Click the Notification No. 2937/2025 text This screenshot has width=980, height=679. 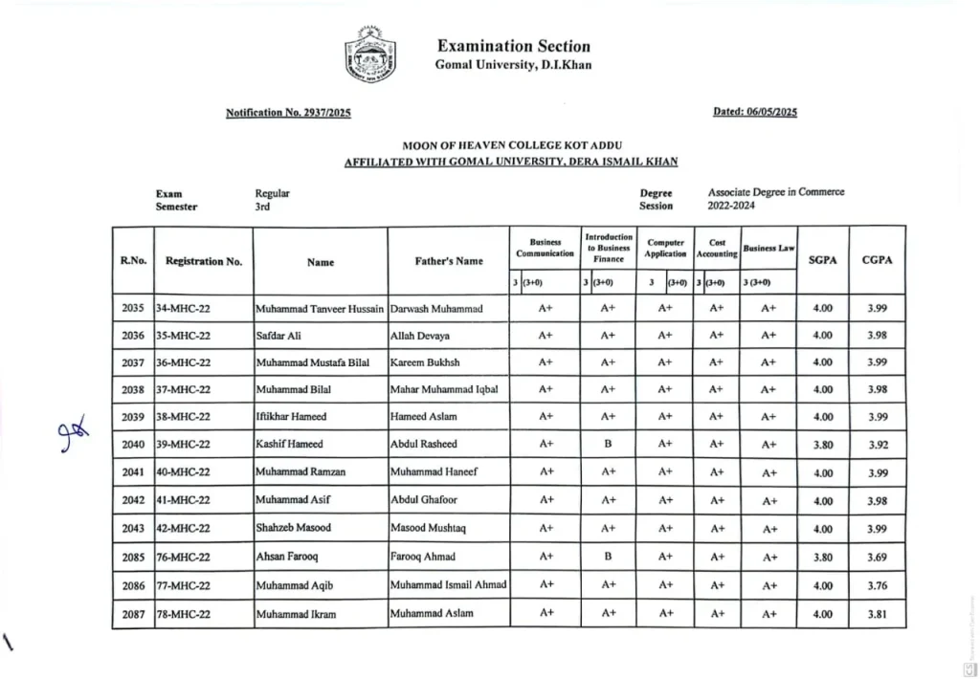click(x=288, y=113)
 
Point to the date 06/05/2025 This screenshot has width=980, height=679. click(x=755, y=112)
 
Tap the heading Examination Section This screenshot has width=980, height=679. click(x=513, y=46)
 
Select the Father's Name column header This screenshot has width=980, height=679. click(x=449, y=261)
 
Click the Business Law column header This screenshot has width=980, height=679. click(x=768, y=249)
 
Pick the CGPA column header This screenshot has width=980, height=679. click(x=877, y=260)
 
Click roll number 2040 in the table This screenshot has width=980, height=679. click(x=133, y=445)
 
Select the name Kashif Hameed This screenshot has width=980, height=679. click(x=289, y=445)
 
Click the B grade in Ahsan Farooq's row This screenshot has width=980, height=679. click(x=608, y=557)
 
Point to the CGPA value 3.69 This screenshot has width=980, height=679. click(x=877, y=558)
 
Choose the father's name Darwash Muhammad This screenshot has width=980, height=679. click(x=436, y=309)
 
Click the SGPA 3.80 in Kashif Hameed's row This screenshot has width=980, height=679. click(x=822, y=445)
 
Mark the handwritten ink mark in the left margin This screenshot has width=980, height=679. click(x=70, y=432)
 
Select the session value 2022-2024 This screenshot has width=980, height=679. click(x=732, y=206)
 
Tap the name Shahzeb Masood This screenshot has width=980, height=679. click(x=293, y=529)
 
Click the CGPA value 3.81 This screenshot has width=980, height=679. click(x=877, y=614)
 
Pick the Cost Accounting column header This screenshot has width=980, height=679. click(x=717, y=249)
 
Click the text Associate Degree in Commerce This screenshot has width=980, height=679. click(x=776, y=192)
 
